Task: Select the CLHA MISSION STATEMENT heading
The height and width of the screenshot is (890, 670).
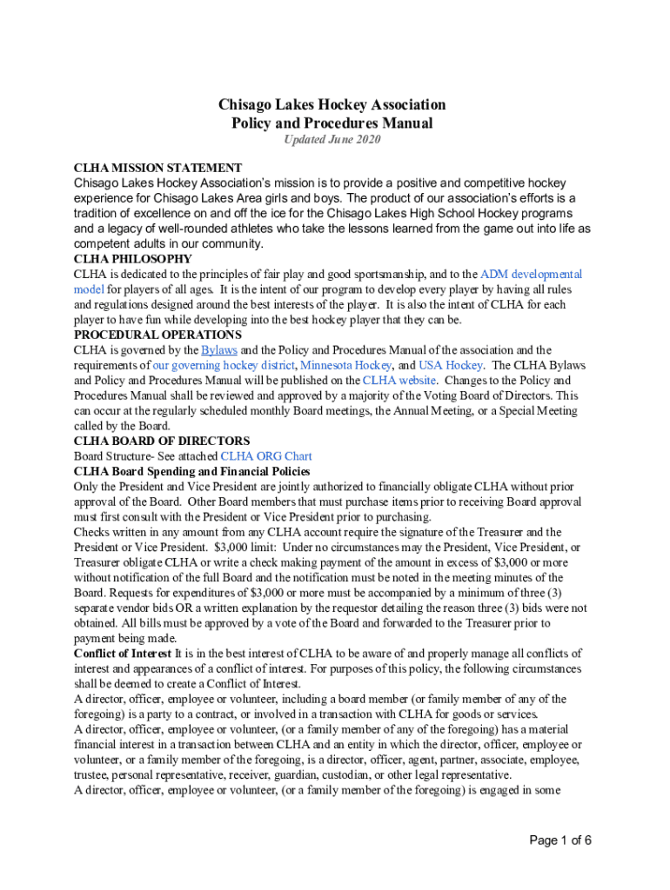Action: pyautogui.click(x=157, y=168)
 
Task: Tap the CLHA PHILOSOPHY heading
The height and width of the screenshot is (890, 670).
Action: pyautogui.click(x=133, y=259)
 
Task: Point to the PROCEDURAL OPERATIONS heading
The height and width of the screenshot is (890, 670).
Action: pyautogui.click(x=157, y=335)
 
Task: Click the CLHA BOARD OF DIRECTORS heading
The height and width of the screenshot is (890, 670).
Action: pyautogui.click(x=162, y=441)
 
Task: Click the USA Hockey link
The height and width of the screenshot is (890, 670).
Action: pyautogui.click(x=451, y=365)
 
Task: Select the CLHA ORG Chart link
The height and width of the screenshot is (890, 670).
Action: pyautogui.click(x=266, y=456)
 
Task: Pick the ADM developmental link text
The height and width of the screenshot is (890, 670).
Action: pyautogui.click(x=531, y=275)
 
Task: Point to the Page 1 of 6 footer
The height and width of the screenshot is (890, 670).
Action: pyautogui.click(x=561, y=840)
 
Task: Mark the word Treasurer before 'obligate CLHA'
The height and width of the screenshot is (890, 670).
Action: pyautogui.click(x=101, y=562)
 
